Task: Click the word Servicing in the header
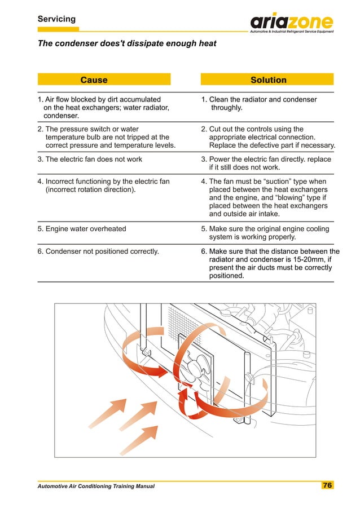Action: pos(56,19)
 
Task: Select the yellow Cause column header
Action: pos(94,80)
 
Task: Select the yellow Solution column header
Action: pos(268,80)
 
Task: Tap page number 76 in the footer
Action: pos(327,485)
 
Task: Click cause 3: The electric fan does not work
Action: pos(90,160)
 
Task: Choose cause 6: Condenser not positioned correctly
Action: pos(98,251)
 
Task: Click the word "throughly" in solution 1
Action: pos(226,108)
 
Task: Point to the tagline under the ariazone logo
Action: pos(291,32)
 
